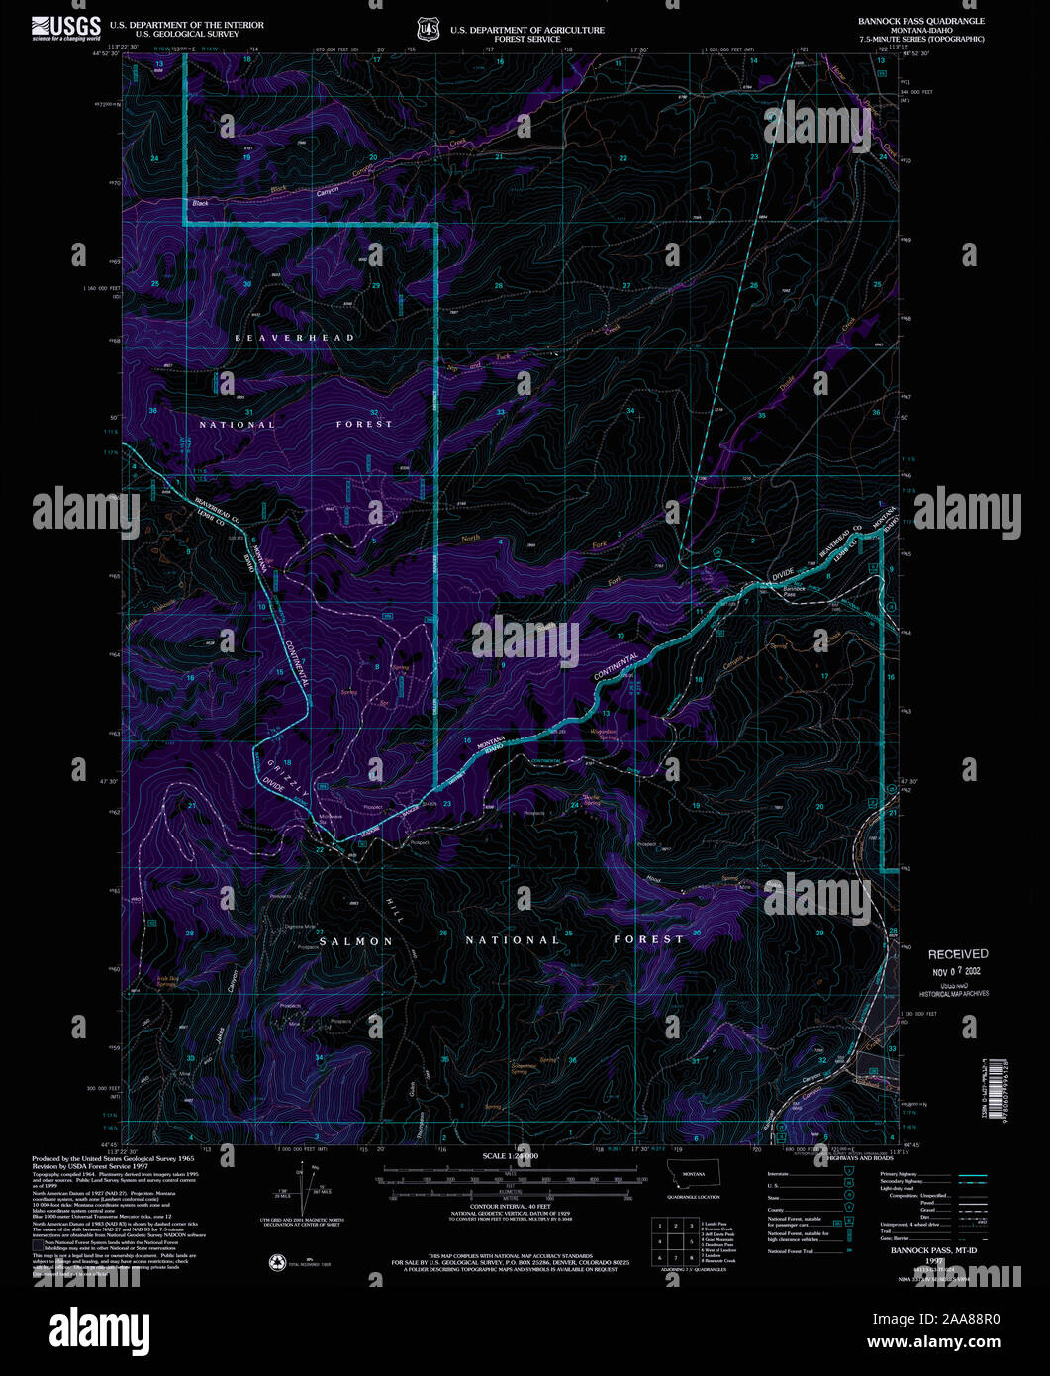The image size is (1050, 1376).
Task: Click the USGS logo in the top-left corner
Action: pyautogui.click(x=66, y=27)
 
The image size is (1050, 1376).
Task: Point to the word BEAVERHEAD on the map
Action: pyautogui.click(x=294, y=338)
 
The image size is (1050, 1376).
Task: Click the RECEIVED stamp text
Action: pyautogui.click(x=957, y=954)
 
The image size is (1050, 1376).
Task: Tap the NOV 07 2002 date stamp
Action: pyautogui.click(x=957, y=971)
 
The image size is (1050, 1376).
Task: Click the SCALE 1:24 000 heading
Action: pyautogui.click(x=511, y=1156)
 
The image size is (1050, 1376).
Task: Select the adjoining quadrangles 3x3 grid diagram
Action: pyautogui.click(x=672, y=1239)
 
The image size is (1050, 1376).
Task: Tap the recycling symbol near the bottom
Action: pyautogui.click(x=277, y=1263)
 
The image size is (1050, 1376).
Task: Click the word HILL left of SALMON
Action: pyautogui.click(x=395, y=910)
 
